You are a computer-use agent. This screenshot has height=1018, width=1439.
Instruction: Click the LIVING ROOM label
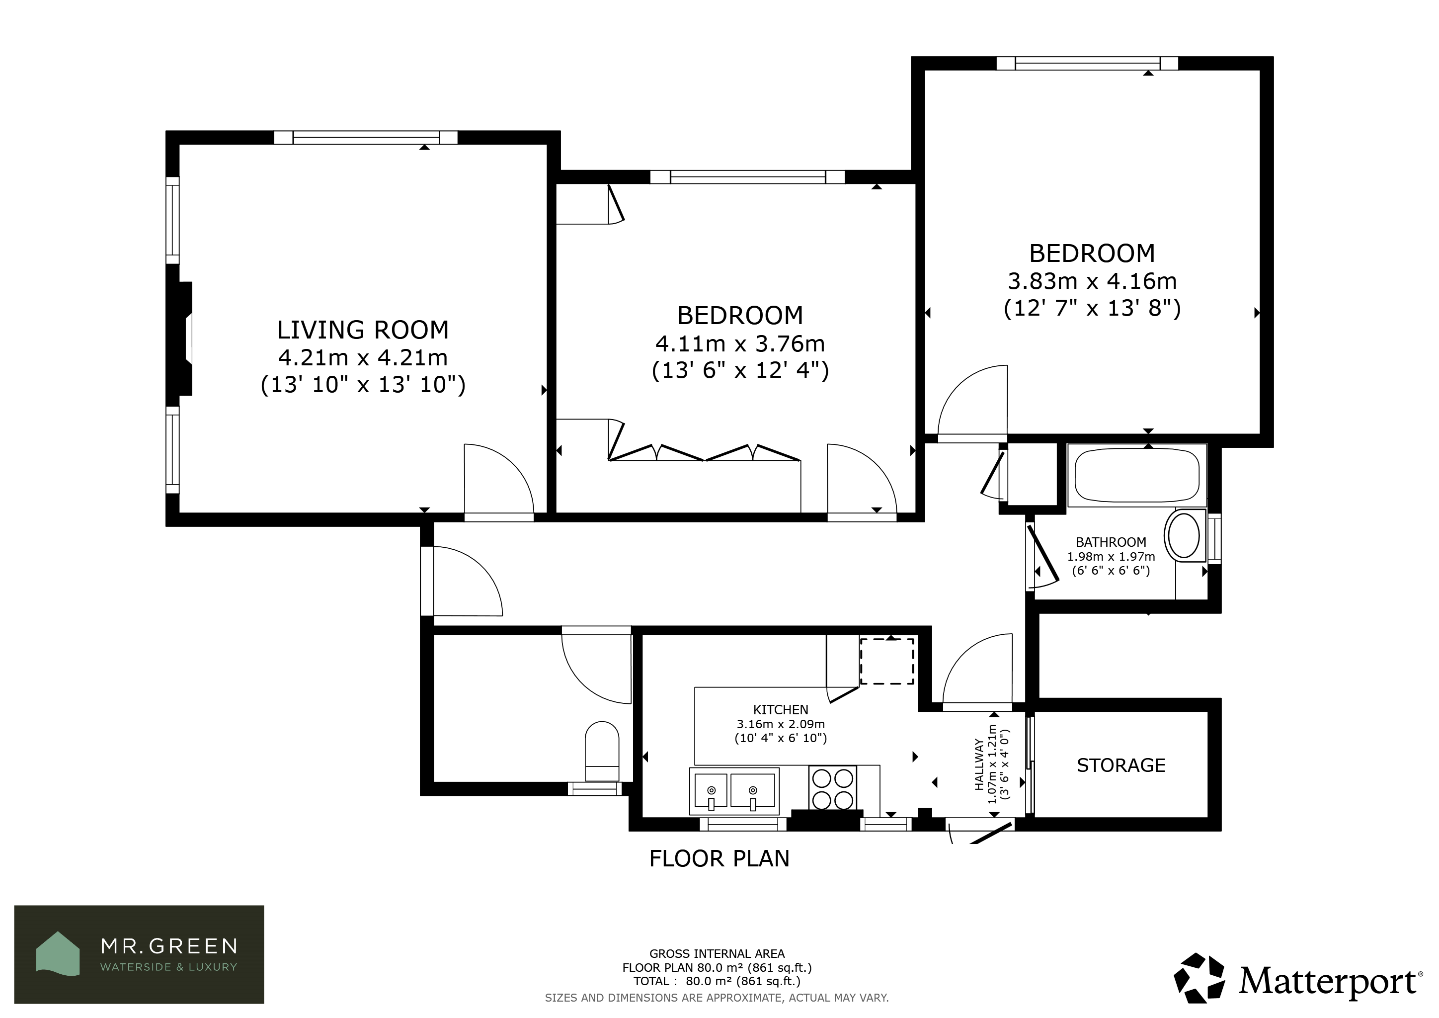coord(363,330)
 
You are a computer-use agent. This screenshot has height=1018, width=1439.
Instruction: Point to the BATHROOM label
coord(1111,542)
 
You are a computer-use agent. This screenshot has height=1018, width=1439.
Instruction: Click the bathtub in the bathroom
coord(1137,476)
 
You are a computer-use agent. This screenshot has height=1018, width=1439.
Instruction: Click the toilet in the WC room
coord(602,751)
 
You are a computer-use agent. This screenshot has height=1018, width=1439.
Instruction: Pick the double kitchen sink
coord(734,791)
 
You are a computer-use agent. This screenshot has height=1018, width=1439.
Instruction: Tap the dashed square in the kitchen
coord(887,661)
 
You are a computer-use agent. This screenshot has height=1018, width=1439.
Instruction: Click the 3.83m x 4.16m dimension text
coord(1092,281)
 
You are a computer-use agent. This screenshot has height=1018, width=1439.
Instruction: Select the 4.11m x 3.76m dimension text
coord(740,343)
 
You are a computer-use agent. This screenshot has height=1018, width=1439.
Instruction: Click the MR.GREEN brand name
coord(169,946)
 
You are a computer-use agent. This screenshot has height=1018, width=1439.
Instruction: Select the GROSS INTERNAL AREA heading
coord(717,954)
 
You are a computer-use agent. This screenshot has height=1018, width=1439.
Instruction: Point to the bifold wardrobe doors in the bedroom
coord(705,451)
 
